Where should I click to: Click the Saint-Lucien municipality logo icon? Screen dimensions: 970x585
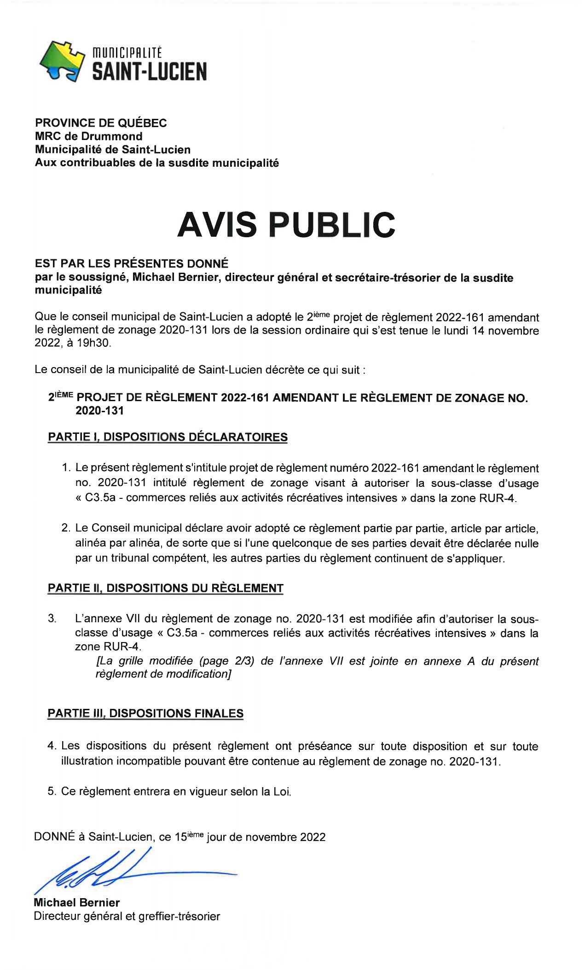(x=63, y=61)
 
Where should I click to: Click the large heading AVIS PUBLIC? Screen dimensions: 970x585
(x=286, y=225)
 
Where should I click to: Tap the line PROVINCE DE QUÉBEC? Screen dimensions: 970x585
(x=101, y=123)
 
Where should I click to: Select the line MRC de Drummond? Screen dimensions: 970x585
(x=89, y=136)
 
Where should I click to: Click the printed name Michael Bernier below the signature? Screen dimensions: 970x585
(x=76, y=902)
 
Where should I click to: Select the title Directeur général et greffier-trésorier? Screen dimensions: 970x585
(x=127, y=916)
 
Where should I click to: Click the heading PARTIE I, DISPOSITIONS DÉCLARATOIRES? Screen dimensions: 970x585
(x=168, y=437)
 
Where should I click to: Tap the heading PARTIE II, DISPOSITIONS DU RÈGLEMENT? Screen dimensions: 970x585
(x=165, y=588)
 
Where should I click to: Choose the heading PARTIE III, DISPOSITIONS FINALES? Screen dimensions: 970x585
(x=145, y=713)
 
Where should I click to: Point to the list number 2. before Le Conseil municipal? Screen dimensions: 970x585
(x=66, y=528)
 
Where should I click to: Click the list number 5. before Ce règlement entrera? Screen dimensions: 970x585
(x=52, y=791)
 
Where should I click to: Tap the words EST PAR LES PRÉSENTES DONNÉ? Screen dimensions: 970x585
(x=132, y=263)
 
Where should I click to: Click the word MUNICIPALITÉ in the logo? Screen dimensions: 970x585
(x=127, y=53)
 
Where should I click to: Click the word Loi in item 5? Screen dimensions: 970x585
(x=282, y=791)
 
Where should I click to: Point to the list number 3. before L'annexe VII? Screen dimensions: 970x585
(x=52, y=619)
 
